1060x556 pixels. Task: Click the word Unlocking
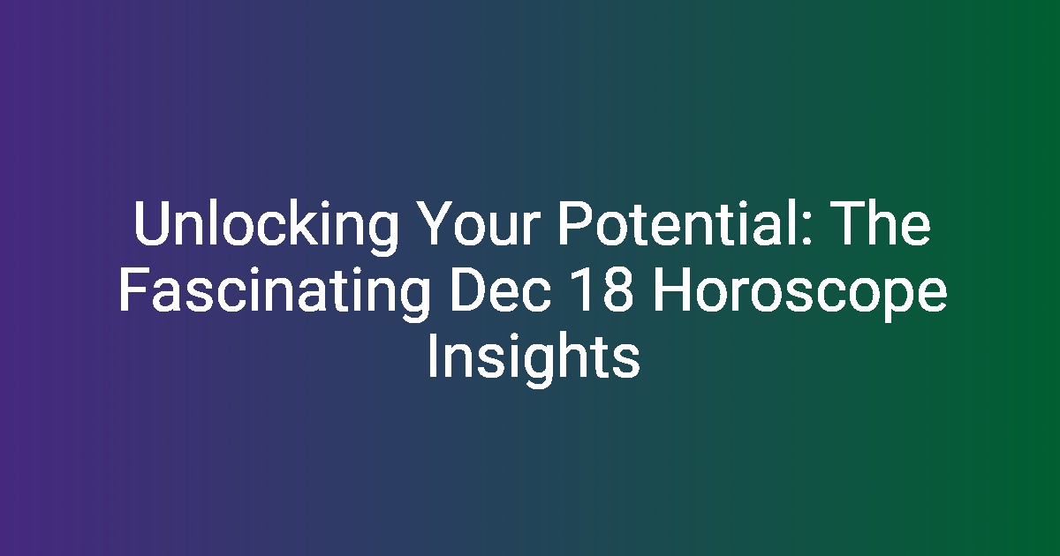point(266,227)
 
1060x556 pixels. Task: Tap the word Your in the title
point(478,223)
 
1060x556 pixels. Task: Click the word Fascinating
point(275,293)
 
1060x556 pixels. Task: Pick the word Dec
point(501,289)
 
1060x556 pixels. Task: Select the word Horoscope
point(799,293)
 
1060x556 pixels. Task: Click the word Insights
point(534,359)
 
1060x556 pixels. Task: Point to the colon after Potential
point(806,229)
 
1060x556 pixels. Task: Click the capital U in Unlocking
point(152,223)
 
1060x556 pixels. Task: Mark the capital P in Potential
point(574,222)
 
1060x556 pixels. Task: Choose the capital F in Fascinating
point(134,289)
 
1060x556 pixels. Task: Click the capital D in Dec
point(467,289)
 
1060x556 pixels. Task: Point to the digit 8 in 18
point(617,289)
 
